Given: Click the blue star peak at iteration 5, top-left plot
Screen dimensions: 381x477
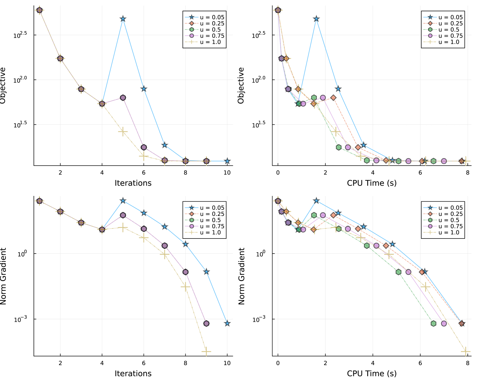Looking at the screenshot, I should click(123, 19).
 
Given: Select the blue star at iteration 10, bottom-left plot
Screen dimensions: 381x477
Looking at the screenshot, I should click(227, 323).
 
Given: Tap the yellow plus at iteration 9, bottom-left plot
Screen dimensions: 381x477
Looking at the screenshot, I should click(206, 352).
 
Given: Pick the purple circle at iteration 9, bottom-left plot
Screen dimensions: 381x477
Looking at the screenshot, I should click(206, 323).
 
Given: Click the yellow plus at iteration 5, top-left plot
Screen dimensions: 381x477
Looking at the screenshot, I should click(123, 132).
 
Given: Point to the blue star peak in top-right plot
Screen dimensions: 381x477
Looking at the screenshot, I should click(316, 19).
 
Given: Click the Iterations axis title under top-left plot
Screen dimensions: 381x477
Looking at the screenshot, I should click(133, 183).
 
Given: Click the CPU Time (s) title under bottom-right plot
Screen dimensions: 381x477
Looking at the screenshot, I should click(372, 373).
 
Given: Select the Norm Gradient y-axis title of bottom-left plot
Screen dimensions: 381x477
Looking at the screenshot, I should click(3, 276).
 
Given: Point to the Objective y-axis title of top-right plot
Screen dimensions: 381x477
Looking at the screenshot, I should click(241, 85).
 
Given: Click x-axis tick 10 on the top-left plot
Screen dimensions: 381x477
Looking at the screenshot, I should click(227, 173).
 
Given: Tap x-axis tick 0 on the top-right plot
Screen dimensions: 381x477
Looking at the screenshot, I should click(278, 173).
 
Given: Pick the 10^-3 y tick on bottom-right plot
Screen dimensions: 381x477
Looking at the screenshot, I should click(260, 319).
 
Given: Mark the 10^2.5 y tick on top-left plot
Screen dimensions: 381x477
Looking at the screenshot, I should click(20, 35).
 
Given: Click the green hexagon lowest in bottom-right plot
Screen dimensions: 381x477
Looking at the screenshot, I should click(433, 323).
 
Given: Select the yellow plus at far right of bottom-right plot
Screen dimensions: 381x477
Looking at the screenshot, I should click(466, 352).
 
